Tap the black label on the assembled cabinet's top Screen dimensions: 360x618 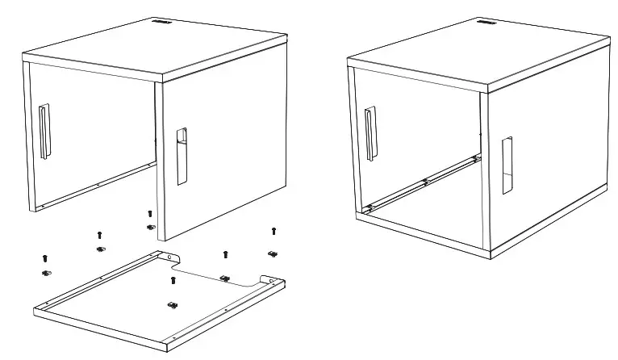click(486, 24)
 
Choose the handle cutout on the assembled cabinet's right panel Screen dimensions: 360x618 click(506, 165)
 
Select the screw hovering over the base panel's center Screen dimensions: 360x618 click(173, 280)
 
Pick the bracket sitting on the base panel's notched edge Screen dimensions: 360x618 click(225, 279)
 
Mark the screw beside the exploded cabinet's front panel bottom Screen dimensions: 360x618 click(149, 214)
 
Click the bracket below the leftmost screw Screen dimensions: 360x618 click(46, 274)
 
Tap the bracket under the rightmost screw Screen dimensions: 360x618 click(273, 253)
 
